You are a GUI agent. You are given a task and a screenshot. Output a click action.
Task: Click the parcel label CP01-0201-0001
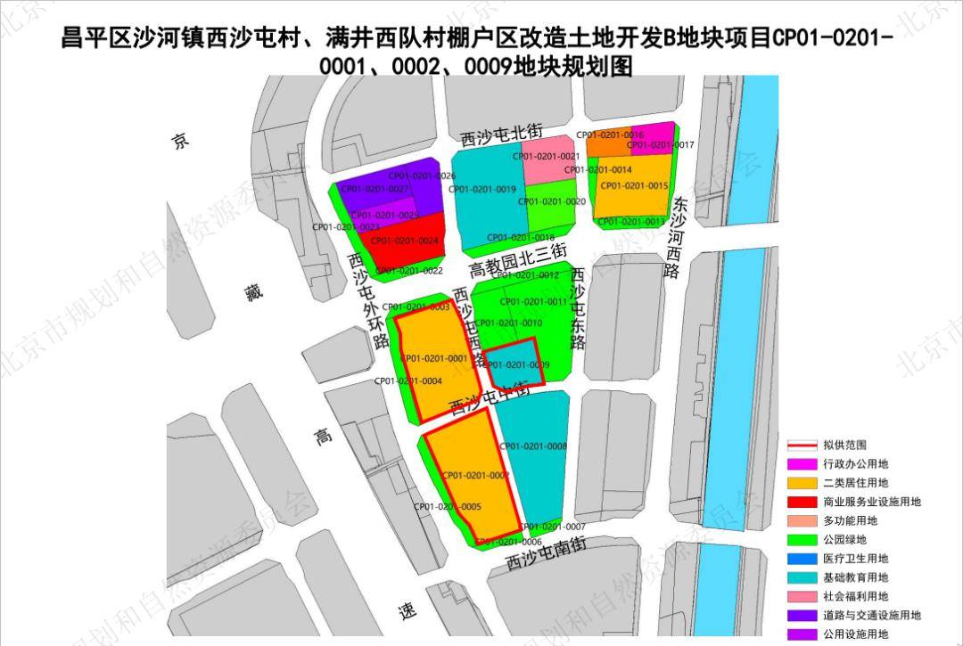[434, 359]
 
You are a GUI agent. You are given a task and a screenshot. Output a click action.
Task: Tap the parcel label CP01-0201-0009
[516, 365]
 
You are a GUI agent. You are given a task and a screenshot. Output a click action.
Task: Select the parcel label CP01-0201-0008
[533, 446]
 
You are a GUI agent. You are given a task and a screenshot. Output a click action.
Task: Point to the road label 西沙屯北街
[502, 135]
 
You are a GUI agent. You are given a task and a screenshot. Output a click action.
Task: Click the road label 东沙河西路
[677, 237]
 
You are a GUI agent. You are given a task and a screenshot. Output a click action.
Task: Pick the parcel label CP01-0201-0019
[481, 189]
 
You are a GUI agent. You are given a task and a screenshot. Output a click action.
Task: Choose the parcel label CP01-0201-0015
[634, 185]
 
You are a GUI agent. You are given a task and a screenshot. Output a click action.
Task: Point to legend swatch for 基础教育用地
[800, 577]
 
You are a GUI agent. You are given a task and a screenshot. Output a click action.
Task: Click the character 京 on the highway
[181, 141]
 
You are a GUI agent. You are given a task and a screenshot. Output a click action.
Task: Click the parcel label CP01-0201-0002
[475, 476]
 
